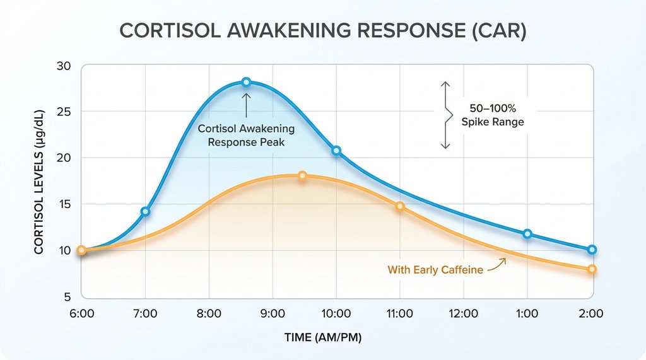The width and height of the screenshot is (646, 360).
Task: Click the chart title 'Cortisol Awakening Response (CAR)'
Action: [323, 32]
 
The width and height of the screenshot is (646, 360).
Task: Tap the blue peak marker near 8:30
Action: [246, 82]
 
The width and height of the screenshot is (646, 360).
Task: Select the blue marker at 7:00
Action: [146, 211]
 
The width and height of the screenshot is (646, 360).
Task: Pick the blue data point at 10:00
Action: [336, 151]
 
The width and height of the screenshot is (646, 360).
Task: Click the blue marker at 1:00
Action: [527, 234]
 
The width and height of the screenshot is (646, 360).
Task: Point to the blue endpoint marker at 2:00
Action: [592, 250]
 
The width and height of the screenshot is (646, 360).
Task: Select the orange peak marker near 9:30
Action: [302, 175]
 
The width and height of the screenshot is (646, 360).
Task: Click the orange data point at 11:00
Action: [400, 206]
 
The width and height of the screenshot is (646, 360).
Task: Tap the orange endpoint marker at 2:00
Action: [592, 269]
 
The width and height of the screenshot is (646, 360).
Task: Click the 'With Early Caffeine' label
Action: [435, 270]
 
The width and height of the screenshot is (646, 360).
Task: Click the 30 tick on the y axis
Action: [64, 66]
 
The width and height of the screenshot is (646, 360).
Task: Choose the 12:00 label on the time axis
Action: [464, 313]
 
